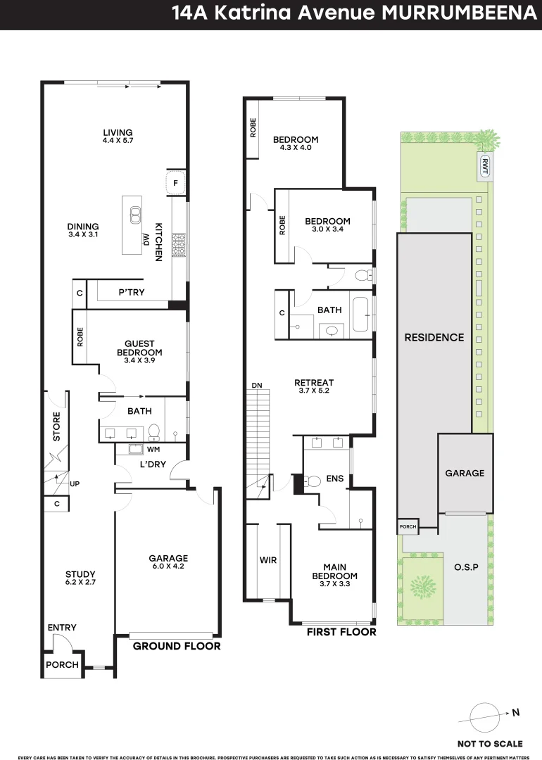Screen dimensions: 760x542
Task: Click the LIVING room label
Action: click(x=118, y=133)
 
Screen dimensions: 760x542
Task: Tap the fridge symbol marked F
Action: click(x=176, y=184)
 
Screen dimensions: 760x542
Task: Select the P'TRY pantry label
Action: click(x=131, y=292)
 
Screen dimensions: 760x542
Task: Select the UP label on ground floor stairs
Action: click(x=74, y=483)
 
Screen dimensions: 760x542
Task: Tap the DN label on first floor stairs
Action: click(x=258, y=386)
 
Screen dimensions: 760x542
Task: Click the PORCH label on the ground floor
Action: click(x=62, y=665)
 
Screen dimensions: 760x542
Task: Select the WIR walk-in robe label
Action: click(x=267, y=560)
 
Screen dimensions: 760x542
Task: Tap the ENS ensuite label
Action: click(x=334, y=479)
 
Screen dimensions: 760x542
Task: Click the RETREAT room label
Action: click(x=314, y=383)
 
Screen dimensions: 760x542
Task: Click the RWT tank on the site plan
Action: click(x=485, y=165)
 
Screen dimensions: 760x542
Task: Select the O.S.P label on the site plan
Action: click(x=465, y=566)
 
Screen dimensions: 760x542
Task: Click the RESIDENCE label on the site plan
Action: click(x=434, y=337)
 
